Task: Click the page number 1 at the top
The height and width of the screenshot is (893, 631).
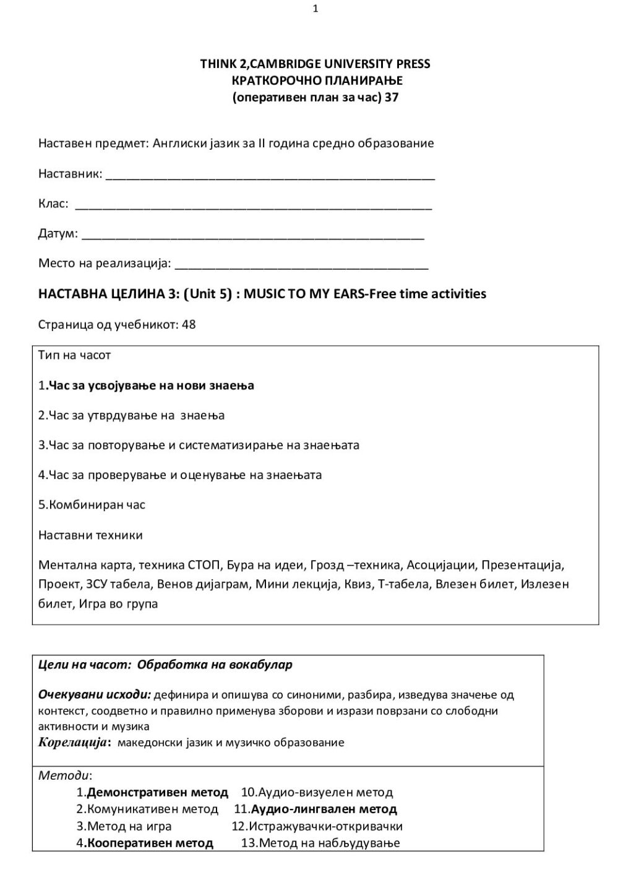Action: [x=315, y=9]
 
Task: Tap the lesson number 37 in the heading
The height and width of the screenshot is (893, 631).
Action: [x=391, y=97]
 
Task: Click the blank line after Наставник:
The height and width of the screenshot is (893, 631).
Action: [x=270, y=176]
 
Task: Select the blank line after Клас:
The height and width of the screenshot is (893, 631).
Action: [x=253, y=207]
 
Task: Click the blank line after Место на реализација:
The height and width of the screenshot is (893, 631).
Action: [x=302, y=266]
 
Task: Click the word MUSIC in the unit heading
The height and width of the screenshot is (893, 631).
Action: [x=264, y=294]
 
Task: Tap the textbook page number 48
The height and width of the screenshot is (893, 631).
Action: [x=189, y=324]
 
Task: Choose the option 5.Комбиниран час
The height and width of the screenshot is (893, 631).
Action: [x=92, y=504]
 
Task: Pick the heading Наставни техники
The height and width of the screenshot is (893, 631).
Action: [x=90, y=535]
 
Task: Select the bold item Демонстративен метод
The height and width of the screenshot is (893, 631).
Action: [x=157, y=792]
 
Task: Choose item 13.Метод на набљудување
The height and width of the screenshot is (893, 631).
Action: [x=320, y=843]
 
